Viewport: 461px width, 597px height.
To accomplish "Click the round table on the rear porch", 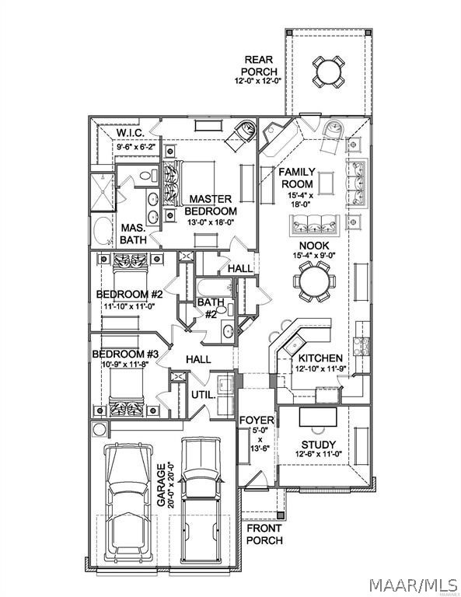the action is click(x=329, y=72).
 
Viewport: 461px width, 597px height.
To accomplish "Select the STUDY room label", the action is click(x=318, y=445).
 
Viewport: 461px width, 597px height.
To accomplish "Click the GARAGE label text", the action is click(x=161, y=485).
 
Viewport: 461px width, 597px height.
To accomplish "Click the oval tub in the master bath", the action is click(x=102, y=231).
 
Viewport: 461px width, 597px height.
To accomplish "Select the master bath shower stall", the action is click(x=103, y=192).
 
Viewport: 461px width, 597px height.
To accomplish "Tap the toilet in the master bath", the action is click(x=148, y=176).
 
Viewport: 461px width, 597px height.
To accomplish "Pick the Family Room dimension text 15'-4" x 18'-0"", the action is click(x=300, y=200).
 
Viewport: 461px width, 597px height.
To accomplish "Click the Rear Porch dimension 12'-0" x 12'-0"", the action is click(x=258, y=81).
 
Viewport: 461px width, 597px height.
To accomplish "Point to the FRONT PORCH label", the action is click(x=264, y=534).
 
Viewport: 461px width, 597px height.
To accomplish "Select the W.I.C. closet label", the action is click(x=130, y=133).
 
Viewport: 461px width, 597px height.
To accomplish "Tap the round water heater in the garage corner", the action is click(x=100, y=429).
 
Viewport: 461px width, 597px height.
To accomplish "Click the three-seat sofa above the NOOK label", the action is click(x=314, y=224).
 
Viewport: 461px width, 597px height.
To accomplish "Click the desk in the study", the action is click(x=318, y=417).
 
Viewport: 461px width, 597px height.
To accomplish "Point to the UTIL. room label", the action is click(x=203, y=395).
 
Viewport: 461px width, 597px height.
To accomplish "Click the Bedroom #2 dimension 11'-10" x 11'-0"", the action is click(x=129, y=305).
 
